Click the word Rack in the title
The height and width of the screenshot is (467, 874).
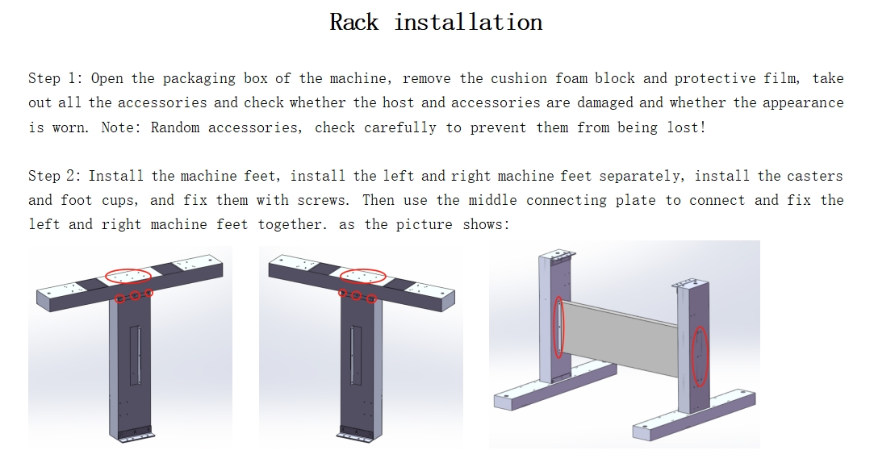pos(354,23)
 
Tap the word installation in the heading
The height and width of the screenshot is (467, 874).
pos(468,23)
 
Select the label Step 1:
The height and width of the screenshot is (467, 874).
pos(55,78)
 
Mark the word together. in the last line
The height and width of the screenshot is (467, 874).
pos(293,224)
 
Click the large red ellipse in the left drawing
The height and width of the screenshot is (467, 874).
pos(128,276)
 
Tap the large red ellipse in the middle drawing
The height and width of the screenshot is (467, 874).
pos(363,276)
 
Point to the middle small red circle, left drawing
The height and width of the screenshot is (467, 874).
pos(135,296)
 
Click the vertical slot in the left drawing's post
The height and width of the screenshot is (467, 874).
pos(135,356)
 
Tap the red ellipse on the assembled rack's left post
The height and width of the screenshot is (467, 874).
pos(558,327)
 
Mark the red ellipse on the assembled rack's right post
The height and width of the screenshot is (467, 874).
pos(700,357)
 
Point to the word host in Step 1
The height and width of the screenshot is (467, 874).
pos(398,102)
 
